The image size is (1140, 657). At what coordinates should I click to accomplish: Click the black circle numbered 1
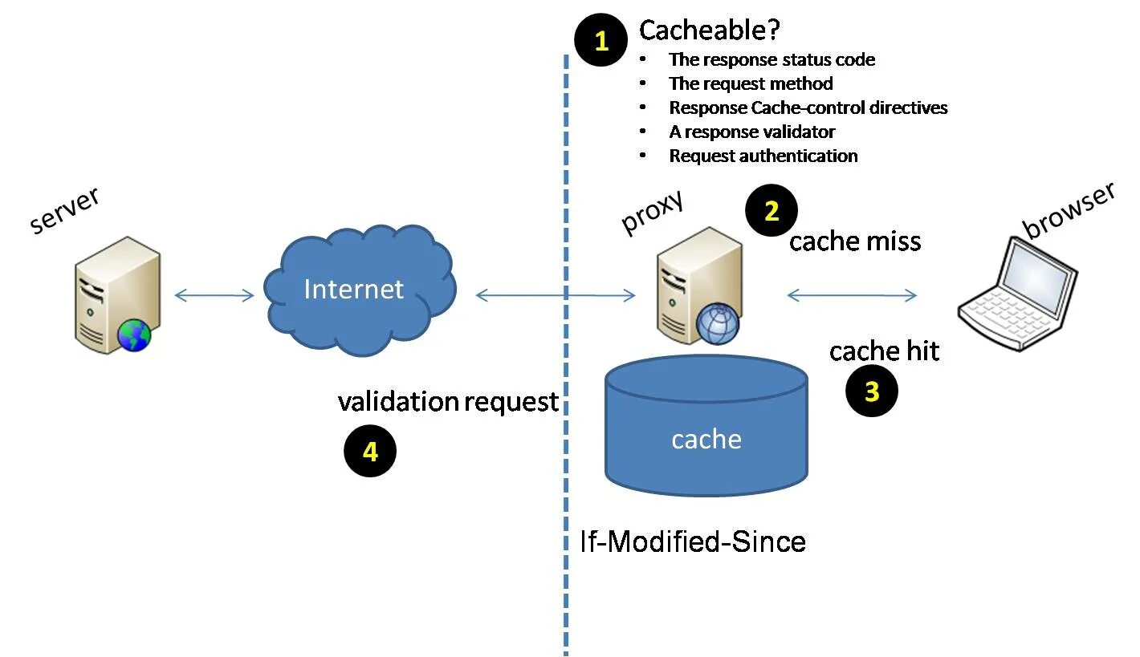pyautogui.click(x=601, y=41)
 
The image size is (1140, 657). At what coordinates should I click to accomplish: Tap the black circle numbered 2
pyautogui.click(x=772, y=211)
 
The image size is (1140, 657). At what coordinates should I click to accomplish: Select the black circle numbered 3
pyautogui.click(x=872, y=391)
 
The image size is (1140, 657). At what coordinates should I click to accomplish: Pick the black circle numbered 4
pyautogui.click(x=370, y=452)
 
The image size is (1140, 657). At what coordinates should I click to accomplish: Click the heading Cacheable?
pyautogui.click(x=710, y=30)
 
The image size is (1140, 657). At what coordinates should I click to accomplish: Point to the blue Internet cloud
pyautogui.click(x=356, y=289)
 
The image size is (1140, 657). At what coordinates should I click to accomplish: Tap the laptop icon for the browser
pyautogui.click(x=1019, y=293)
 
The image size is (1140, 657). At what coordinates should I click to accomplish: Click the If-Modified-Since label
pyautogui.click(x=693, y=541)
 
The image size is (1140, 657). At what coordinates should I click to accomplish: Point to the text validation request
pyautogui.click(x=448, y=401)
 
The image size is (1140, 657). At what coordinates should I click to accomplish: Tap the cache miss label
pyautogui.click(x=855, y=241)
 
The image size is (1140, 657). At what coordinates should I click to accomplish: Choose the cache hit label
pyautogui.click(x=884, y=351)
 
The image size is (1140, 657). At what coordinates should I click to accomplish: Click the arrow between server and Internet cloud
pyautogui.click(x=214, y=296)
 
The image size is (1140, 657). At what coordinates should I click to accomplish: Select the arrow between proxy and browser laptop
pyautogui.click(x=852, y=296)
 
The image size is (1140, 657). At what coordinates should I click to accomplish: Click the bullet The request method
pyautogui.click(x=751, y=83)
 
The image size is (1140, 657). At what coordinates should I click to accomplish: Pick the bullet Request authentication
pyautogui.click(x=763, y=156)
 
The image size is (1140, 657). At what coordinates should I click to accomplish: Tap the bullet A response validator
pyautogui.click(x=751, y=132)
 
